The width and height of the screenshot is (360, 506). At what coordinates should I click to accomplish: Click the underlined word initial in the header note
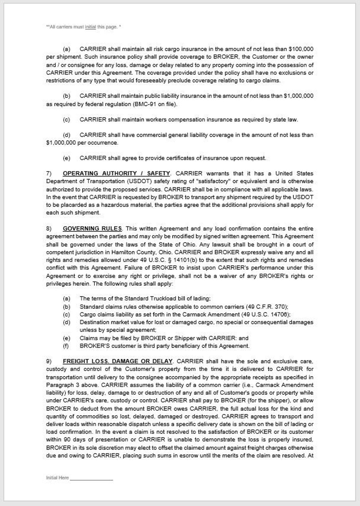tap(90, 27)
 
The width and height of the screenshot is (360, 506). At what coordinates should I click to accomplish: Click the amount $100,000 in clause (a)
tap(301, 49)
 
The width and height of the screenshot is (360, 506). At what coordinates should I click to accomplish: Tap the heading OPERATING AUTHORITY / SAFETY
tap(116, 174)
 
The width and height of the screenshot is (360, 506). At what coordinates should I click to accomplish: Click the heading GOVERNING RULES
tap(92, 229)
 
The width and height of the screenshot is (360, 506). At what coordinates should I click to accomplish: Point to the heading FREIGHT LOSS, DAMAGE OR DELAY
tap(117, 361)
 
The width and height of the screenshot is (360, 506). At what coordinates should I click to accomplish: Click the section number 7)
tap(49, 174)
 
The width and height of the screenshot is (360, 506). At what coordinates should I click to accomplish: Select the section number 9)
tap(49, 361)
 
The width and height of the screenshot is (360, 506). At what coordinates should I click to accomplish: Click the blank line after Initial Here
tap(91, 478)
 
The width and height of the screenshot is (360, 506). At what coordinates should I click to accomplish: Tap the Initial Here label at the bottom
tap(57, 478)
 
